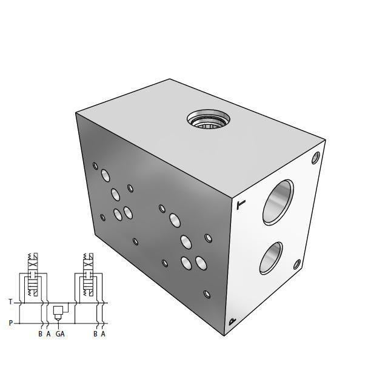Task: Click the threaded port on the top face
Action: tap(208, 119)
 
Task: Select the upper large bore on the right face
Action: tap(277, 203)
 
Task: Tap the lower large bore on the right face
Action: tap(272, 257)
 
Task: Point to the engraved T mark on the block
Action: tap(241, 205)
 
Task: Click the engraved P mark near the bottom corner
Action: tap(232, 323)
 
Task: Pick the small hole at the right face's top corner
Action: tap(315, 158)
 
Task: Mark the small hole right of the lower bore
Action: tap(297, 264)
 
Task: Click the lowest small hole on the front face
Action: tap(207, 295)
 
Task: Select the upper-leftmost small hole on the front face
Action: tap(95, 165)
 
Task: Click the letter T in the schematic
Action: tap(10, 301)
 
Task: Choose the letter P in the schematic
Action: tap(10, 323)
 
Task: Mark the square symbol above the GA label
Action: tap(59, 311)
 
